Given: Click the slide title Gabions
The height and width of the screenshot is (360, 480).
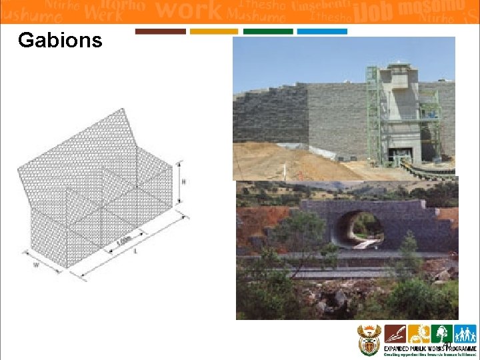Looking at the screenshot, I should (x=60, y=41).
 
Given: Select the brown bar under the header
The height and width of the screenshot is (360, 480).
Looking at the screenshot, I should (x=160, y=31).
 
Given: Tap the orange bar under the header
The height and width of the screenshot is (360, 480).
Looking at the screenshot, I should (x=213, y=31).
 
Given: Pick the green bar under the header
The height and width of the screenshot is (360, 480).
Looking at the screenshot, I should (x=267, y=31).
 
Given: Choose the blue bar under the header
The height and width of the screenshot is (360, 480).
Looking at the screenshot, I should (x=321, y=31).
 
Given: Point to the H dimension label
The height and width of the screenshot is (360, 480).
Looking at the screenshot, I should (x=183, y=181).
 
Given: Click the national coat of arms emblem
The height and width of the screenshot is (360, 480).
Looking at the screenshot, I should (x=369, y=340).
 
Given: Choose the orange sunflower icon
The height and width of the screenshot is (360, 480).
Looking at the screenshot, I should (x=419, y=333).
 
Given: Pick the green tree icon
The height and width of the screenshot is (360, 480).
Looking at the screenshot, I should (x=441, y=333).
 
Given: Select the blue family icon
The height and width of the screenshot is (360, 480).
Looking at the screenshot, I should (x=465, y=333).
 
